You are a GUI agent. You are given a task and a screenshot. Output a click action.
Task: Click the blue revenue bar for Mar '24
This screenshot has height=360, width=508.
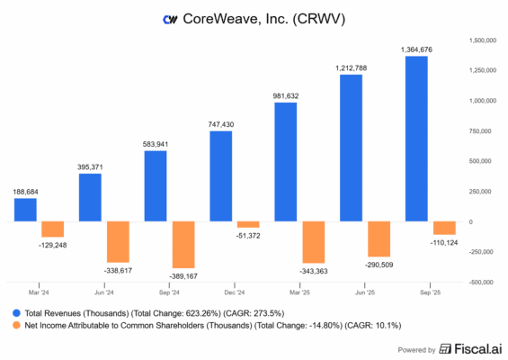click(26, 210)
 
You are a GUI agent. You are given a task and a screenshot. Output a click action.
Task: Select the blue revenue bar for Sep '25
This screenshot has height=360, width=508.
click(417, 139)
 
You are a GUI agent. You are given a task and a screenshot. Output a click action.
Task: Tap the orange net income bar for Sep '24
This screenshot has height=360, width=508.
click(183, 245)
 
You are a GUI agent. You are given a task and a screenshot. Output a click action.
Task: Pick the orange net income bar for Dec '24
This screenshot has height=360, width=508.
click(248, 224)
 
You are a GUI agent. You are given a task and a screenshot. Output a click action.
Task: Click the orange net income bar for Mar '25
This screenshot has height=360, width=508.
click(314, 242)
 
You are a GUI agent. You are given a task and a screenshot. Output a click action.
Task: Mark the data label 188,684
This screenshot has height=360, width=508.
click(27, 191)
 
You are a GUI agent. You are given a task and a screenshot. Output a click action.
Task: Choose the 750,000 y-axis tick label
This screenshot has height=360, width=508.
click(483, 130)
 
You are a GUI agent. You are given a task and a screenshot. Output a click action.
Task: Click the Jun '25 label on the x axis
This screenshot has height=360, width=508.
click(364, 292)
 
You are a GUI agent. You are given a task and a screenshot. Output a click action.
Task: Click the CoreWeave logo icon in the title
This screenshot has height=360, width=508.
click(169, 19)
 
